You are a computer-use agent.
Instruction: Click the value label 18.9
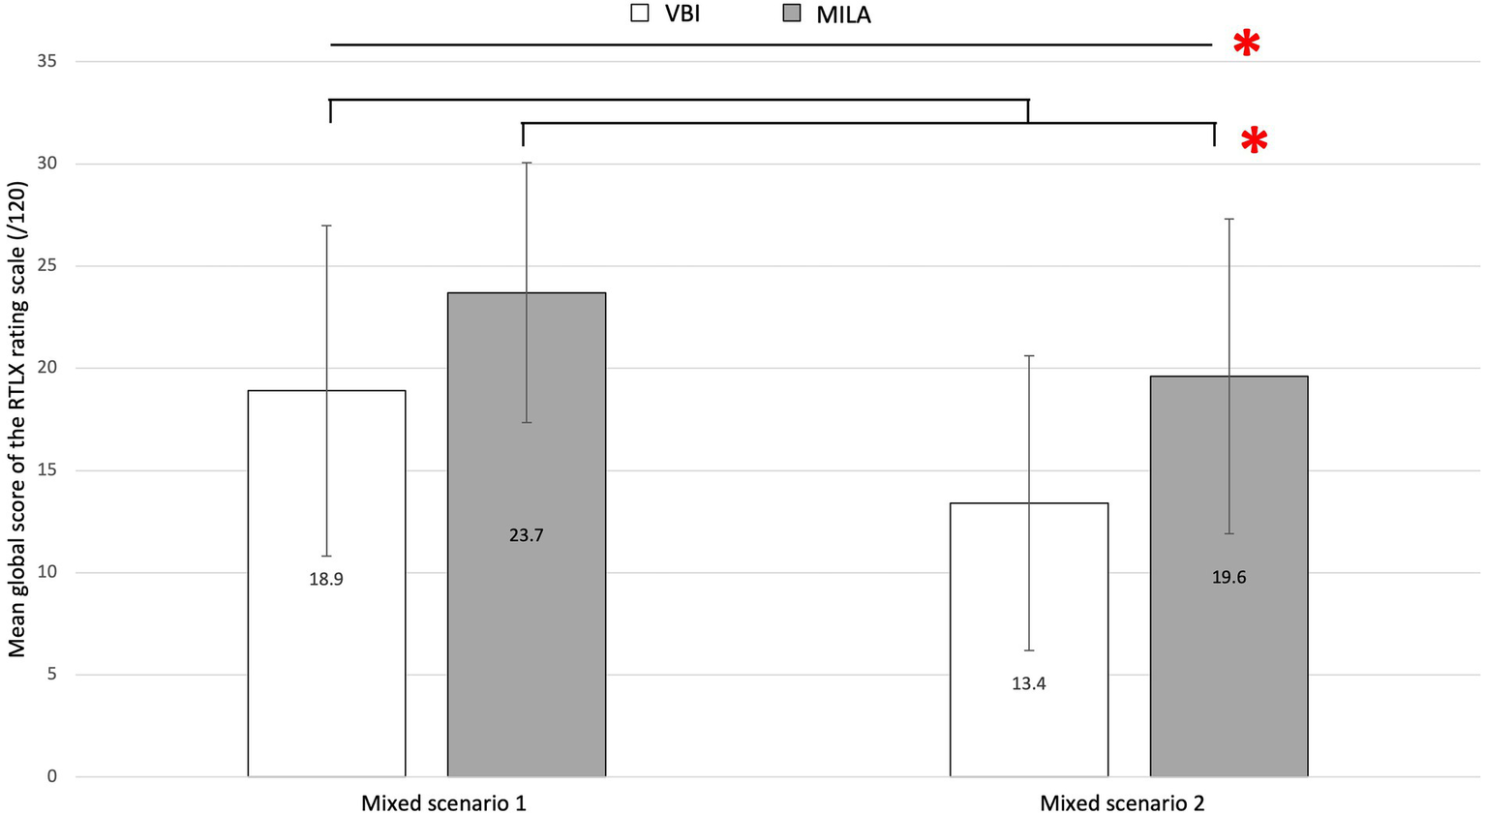click(326, 580)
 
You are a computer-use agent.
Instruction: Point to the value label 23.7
click(527, 535)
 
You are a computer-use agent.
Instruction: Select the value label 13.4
click(1029, 684)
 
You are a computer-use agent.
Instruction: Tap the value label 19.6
click(1228, 578)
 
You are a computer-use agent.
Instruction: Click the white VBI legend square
click(639, 14)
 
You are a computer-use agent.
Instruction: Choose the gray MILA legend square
click(792, 14)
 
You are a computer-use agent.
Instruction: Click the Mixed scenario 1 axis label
click(443, 803)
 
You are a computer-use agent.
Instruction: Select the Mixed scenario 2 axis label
click(1122, 803)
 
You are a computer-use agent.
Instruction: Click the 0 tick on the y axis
click(52, 776)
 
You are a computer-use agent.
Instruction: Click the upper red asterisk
click(1247, 44)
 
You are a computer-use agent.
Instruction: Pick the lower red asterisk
click(1254, 141)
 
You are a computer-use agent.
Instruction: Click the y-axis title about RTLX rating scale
click(17, 419)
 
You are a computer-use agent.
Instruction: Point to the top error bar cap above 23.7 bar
click(527, 163)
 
